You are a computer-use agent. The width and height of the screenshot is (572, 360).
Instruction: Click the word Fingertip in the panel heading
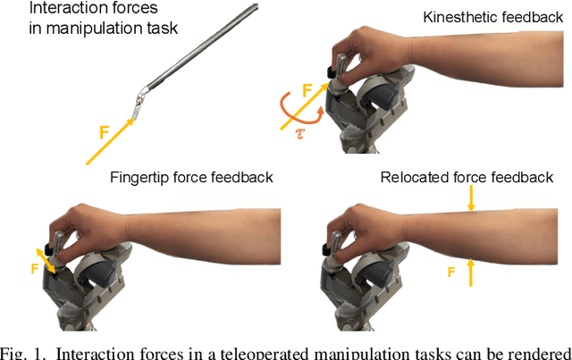139,178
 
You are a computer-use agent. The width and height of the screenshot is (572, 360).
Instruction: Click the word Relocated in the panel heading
412,178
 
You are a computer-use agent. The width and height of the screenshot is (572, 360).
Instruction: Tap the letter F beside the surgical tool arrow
104,132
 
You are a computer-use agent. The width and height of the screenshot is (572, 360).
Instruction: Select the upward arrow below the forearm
471,272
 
